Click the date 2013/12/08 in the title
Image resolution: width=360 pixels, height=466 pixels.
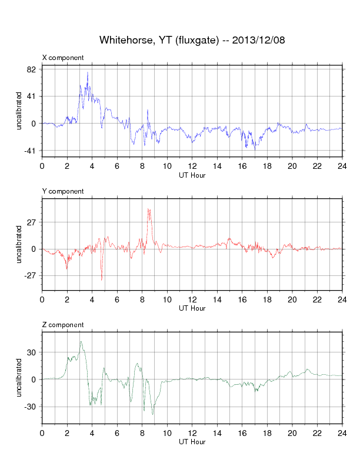click(x=259, y=40)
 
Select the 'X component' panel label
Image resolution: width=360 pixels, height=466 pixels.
click(x=63, y=58)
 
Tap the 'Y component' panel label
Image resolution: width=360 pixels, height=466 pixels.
click(x=63, y=191)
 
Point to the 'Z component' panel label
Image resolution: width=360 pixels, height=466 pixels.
click(x=63, y=325)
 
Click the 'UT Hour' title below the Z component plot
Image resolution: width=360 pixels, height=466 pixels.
click(x=192, y=441)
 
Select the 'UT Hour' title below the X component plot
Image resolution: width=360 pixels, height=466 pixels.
click(x=192, y=174)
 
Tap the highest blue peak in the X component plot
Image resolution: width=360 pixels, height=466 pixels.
click(x=88, y=72)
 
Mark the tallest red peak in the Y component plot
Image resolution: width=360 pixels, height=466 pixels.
click(x=149, y=209)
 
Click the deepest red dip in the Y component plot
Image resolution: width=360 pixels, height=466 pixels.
click(x=102, y=280)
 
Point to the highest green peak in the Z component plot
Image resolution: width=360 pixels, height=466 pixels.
click(x=81, y=342)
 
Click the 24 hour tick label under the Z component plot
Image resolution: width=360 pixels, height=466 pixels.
click(x=342, y=433)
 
